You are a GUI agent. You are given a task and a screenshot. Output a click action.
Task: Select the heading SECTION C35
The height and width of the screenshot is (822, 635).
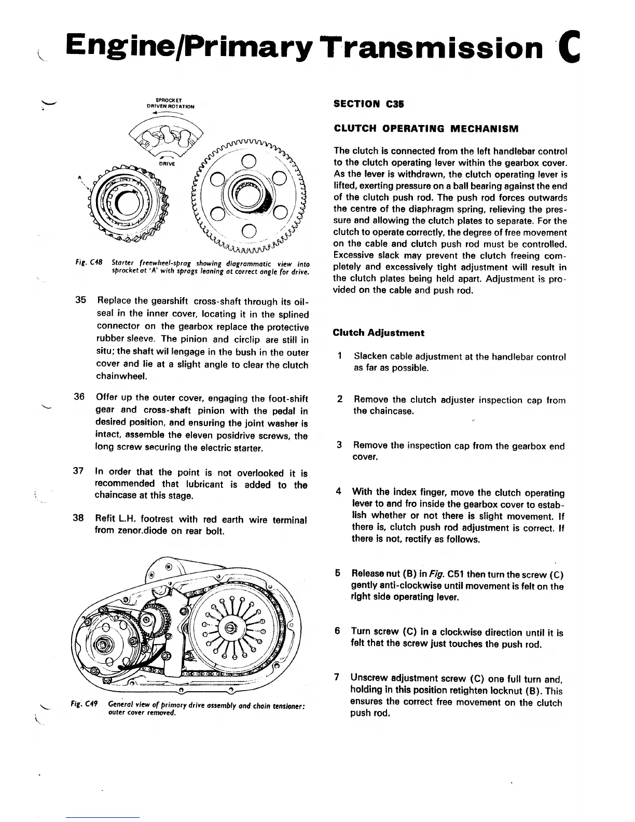[x=368, y=104]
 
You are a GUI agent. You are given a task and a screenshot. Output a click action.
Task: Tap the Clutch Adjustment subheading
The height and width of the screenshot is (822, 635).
[x=378, y=333]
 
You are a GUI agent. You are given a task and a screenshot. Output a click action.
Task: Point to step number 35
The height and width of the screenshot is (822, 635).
[x=80, y=301]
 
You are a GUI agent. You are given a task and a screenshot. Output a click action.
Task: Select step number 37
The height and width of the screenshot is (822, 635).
[x=78, y=471]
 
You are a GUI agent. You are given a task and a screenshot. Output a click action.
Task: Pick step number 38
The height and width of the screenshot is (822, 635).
[x=78, y=518]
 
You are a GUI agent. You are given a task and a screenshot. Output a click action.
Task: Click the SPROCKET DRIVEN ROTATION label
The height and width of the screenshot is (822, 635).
[x=171, y=104]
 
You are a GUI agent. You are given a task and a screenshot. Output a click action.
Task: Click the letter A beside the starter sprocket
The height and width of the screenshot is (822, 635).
[x=79, y=177]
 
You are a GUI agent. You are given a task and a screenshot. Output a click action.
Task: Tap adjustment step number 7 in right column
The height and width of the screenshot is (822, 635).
[x=337, y=677]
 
